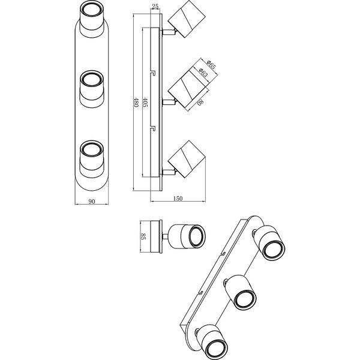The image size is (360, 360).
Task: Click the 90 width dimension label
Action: tap(92, 202)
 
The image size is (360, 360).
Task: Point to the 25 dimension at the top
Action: tap(155, 8)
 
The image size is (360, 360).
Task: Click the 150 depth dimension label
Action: tap(178, 199)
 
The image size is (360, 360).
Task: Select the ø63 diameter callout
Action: tap(205, 71)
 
